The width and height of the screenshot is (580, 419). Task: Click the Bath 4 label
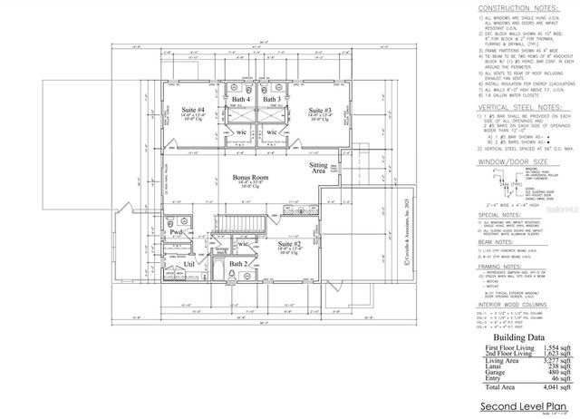(x=241, y=99)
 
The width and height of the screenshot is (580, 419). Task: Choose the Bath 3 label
(x=272, y=99)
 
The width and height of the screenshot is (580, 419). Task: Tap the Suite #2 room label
(x=288, y=244)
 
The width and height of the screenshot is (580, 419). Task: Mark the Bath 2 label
(x=237, y=264)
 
